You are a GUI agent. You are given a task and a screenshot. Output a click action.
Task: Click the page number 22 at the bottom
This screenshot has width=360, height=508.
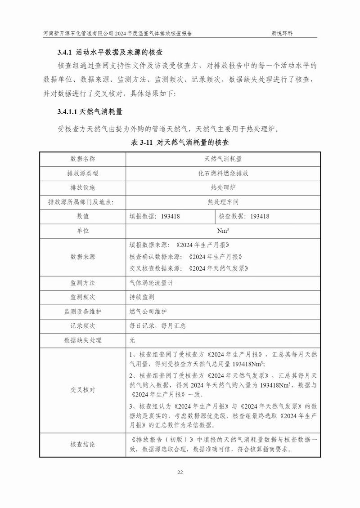click(x=180, y=472)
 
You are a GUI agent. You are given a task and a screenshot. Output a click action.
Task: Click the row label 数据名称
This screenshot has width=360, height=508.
click(x=83, y=159)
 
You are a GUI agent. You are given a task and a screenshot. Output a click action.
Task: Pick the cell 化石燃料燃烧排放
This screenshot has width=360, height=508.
click(x=223, y=173)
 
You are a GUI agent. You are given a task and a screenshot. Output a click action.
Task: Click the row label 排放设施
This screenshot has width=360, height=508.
click(x=83, y=187)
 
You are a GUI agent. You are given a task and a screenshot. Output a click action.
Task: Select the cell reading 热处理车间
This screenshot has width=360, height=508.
click(x=223, y=202)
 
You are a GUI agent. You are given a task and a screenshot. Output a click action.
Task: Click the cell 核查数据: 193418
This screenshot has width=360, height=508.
click(x=244, y=216)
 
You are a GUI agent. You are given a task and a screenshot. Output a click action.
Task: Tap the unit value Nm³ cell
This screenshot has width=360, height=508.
click(x=223, y=231)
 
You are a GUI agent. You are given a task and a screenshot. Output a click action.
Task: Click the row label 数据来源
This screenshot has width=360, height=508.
click(x=83, y=257)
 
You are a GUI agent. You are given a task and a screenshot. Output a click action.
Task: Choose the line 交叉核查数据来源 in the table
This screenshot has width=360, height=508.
click(x=189, y=268)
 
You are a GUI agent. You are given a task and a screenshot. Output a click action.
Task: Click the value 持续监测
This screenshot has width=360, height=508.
click(x=142, y=297)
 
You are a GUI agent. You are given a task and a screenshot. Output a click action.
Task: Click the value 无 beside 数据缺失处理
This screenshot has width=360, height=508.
click(x=132, y=340)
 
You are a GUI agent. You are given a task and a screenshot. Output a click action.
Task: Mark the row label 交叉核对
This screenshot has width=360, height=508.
click(x=83, y=390)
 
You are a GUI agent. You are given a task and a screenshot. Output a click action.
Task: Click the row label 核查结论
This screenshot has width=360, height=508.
click(x=83, y=445)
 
